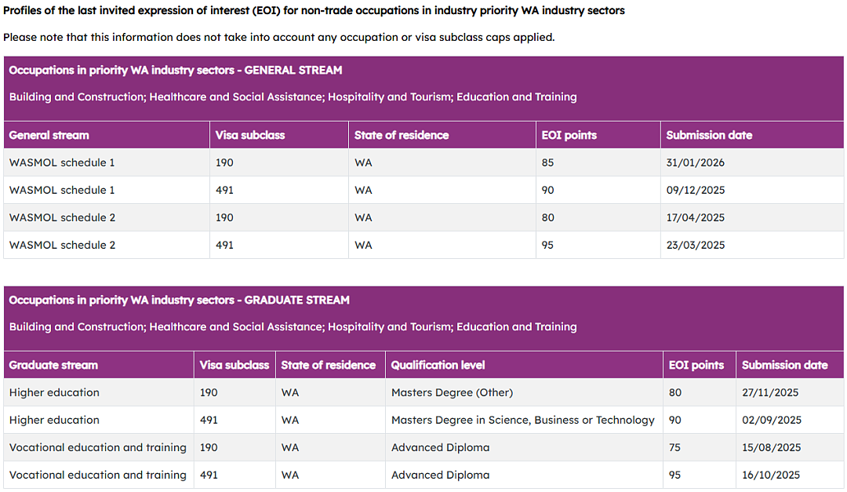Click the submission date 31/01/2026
695,162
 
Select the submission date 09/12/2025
695,191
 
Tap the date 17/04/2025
695,218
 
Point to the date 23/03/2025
695,246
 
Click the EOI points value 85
547,162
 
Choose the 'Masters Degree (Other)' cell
453,392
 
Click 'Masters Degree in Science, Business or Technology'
523,420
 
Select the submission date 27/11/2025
770,392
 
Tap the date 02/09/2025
772,420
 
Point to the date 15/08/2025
772,448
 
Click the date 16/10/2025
771,476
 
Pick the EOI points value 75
674,448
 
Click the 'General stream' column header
49,135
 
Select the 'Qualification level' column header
438,365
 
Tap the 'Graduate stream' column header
53,365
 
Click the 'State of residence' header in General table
402,135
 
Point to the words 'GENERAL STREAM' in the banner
293,71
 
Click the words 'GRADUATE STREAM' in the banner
297,300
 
